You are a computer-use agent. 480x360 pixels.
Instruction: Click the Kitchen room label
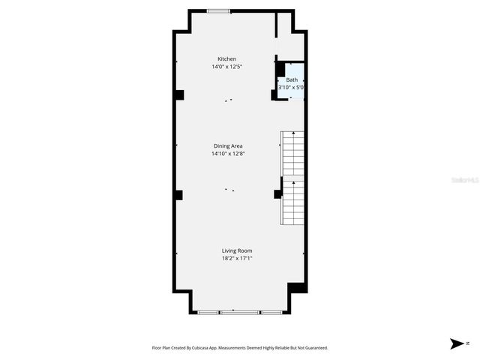pos(226,59)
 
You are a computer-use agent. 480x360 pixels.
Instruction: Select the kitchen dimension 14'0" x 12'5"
pos(226,67)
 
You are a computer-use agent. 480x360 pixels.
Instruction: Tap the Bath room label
pos(292,79)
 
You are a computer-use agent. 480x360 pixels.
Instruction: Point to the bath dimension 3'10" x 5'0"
pos(291,87)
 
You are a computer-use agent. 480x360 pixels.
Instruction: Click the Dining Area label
pos(228,146)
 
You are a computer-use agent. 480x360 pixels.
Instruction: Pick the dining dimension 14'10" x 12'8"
pos(228,154)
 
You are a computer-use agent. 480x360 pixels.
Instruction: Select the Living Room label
pos(237,250)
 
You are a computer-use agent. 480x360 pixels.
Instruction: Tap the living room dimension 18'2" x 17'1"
pos(237,258)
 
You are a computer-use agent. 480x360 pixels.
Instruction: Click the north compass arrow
pos(456,343)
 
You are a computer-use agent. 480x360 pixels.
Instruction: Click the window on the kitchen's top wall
pos(219,10)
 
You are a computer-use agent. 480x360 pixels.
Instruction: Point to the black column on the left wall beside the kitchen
pos(179,94)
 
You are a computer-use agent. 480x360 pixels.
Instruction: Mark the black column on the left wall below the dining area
pos(178,195)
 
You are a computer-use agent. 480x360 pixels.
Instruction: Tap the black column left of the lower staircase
pos(277,193)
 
